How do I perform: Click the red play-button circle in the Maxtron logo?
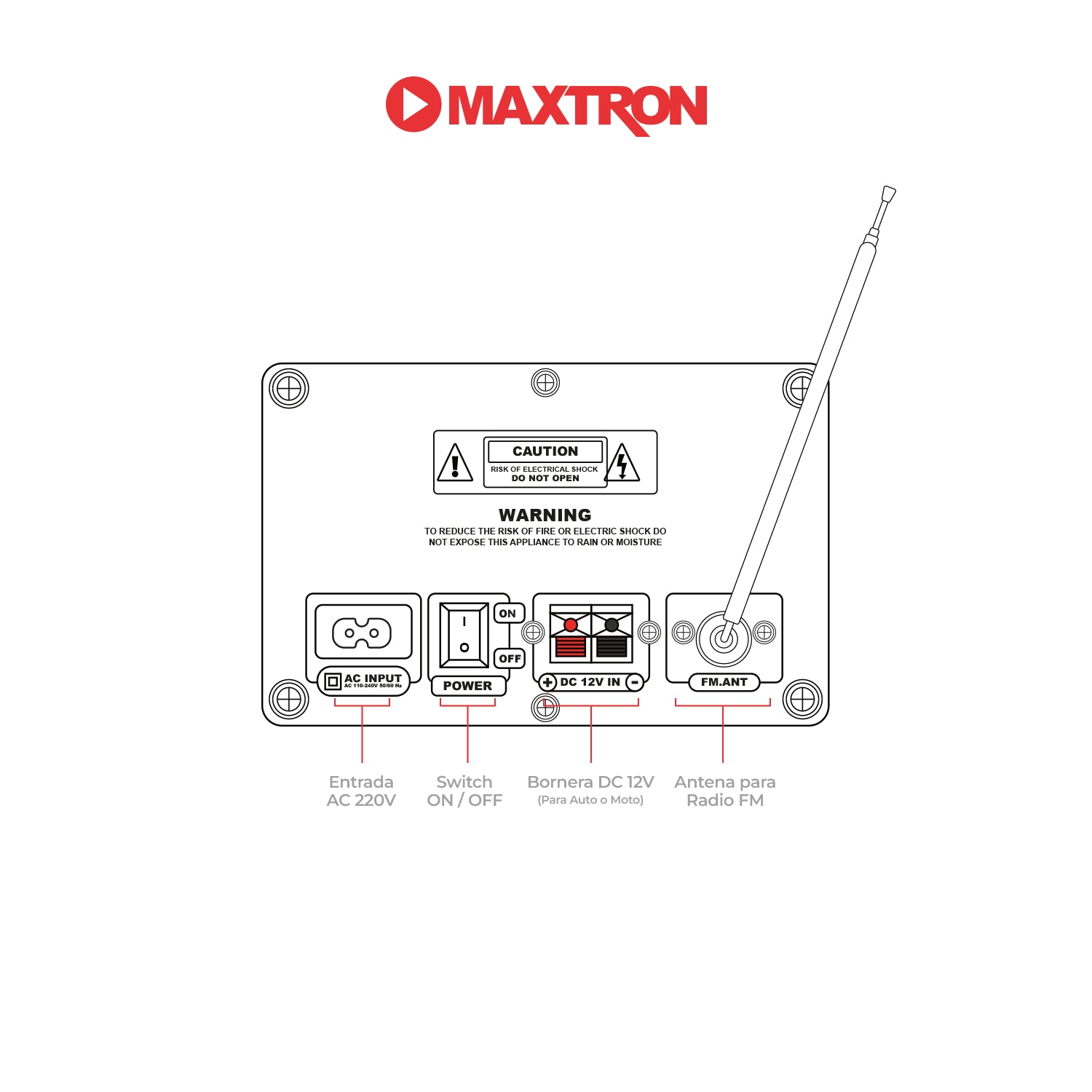coord(413,104)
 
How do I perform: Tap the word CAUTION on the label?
coord(545,451)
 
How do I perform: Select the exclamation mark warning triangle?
coord(455,464)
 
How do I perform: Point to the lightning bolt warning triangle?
coord(622,464)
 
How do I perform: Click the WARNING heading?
coord(545,515)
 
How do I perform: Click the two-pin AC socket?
coord(362,633)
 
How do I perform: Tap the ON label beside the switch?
coord(508,614)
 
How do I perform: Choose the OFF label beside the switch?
coord(510,659)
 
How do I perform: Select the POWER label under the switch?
coord(467,686)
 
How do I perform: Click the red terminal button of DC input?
coord(571,625)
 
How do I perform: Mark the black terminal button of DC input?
coord(612,625)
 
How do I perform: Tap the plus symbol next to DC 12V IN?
coord(547,683)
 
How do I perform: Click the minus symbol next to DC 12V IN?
coord(635,682)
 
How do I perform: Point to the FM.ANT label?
coord(724,682)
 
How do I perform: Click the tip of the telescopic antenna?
coord(888,194)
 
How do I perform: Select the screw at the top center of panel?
coord(545,382)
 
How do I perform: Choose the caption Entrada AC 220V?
coord(361,791)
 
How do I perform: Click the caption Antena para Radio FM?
coord(725,791)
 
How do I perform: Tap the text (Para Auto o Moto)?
coord(590,800)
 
